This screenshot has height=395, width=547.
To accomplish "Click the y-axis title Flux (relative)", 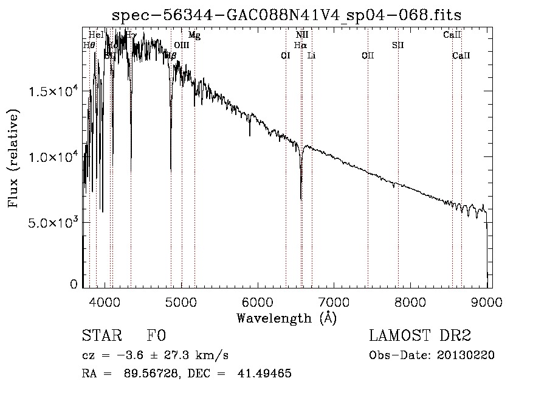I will (x=13, y=158).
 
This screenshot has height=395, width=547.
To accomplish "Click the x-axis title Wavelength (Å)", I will (x=286, y=318).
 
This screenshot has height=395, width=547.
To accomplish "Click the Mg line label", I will (x=194, y=35).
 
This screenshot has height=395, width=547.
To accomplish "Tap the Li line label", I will (x=312, y=56).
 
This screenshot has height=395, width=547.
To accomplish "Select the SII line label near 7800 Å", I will (x=398, y=45).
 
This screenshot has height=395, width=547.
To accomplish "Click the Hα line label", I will (x=300, y=45).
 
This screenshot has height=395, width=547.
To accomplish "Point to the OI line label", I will (x=286, y=56).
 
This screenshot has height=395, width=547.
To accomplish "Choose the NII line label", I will (x=302, y=35).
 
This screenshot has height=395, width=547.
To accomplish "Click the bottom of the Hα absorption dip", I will (x=301, y=198).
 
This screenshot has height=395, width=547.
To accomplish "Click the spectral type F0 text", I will (x=157, y=335).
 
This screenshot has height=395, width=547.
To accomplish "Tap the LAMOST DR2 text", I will (x=420, y=335).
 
